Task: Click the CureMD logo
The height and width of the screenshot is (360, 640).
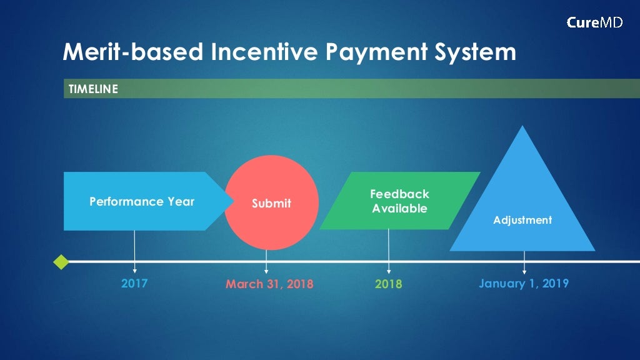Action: point(594,23)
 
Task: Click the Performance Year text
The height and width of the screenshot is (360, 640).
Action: point(142,202)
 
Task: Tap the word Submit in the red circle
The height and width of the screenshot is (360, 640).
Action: point(271,204)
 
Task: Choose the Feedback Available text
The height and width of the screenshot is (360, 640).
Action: point(399,201)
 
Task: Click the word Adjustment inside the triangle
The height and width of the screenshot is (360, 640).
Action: point(522,220)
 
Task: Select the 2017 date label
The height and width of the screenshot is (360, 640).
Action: point(134,284)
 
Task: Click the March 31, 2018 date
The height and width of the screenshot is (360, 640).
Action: point(269,284)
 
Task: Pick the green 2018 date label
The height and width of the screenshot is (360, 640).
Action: point(389,284)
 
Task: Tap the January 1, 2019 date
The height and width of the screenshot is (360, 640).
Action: point(524,284)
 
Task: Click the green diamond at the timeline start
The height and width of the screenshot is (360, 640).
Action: point(61,262)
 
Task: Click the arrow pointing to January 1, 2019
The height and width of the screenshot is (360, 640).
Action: point(524,263)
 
